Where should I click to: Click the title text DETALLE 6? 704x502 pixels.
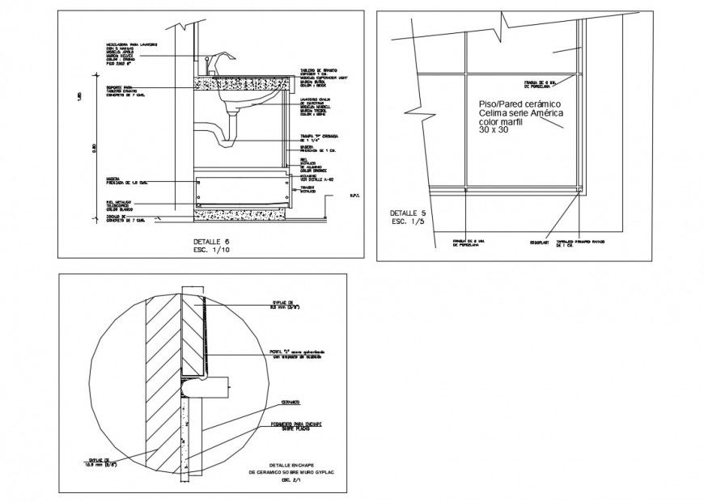pos(211,242)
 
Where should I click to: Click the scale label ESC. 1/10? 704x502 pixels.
pos(211,250)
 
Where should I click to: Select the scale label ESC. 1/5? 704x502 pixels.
pos(407,221)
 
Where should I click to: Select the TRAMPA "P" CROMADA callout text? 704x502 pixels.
pos(318,137)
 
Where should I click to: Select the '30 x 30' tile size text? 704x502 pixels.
pos(494,130)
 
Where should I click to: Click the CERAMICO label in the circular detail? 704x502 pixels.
pos(291,402)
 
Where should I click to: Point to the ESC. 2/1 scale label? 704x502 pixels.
pos(289,480)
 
